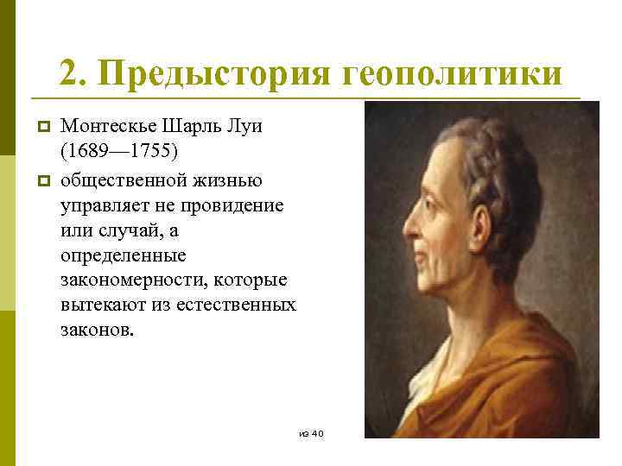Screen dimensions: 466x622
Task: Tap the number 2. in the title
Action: (x=73, y=73)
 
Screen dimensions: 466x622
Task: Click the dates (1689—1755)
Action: (x=119, y=152)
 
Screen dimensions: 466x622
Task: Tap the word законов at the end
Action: (x=98, y=332)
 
